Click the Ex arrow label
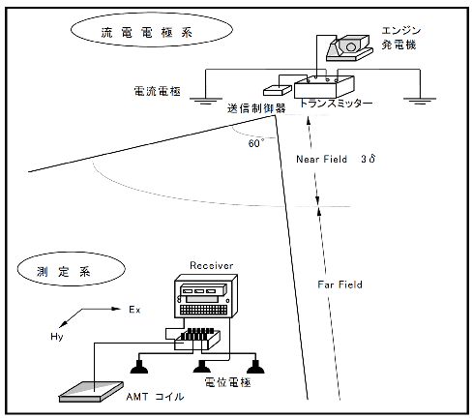(x=135, y=312)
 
